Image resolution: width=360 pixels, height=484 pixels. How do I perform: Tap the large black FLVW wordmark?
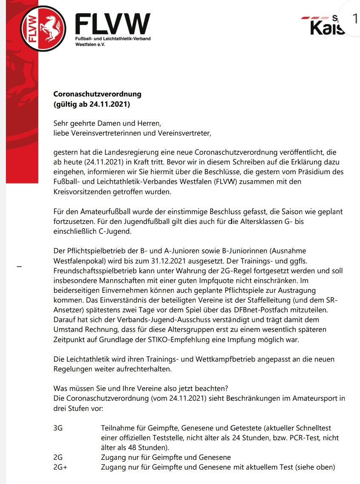click(112, 25)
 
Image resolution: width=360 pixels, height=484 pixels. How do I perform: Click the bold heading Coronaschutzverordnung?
click(97, 94)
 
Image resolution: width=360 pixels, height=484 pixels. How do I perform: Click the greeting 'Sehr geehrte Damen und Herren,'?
click(107, 124)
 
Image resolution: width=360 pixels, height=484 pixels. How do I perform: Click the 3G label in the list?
click(58, 428)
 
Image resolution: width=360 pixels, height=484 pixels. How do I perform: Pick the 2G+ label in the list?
click(60, 467)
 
